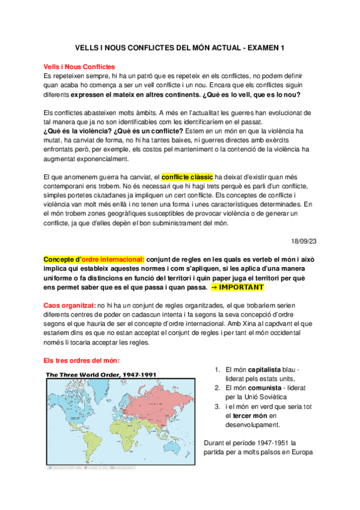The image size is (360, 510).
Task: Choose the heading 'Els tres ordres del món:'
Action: click(x=82, y=361)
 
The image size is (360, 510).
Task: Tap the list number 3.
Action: click(x=217, y=407)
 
